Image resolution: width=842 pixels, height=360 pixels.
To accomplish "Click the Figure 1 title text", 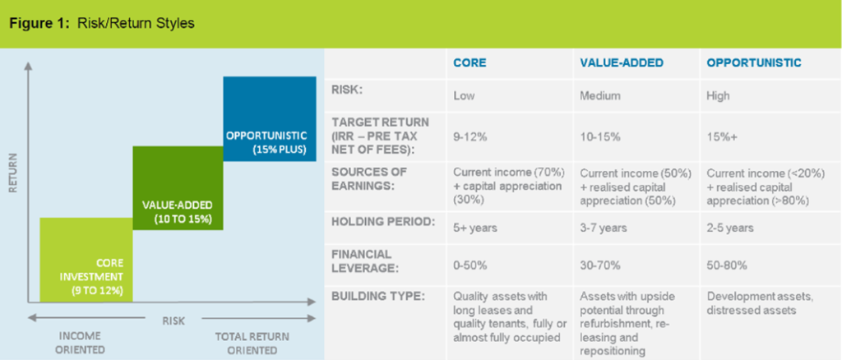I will (102, 23).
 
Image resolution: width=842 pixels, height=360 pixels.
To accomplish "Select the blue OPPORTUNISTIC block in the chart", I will (269, 118).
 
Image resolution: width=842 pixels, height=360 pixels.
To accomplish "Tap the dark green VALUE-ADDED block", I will (177, 187).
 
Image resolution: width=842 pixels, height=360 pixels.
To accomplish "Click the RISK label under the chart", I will (173, 320).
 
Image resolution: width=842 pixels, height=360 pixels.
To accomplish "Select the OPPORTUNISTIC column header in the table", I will (753, 63).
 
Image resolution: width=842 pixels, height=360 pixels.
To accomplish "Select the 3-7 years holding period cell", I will (602, 227).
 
